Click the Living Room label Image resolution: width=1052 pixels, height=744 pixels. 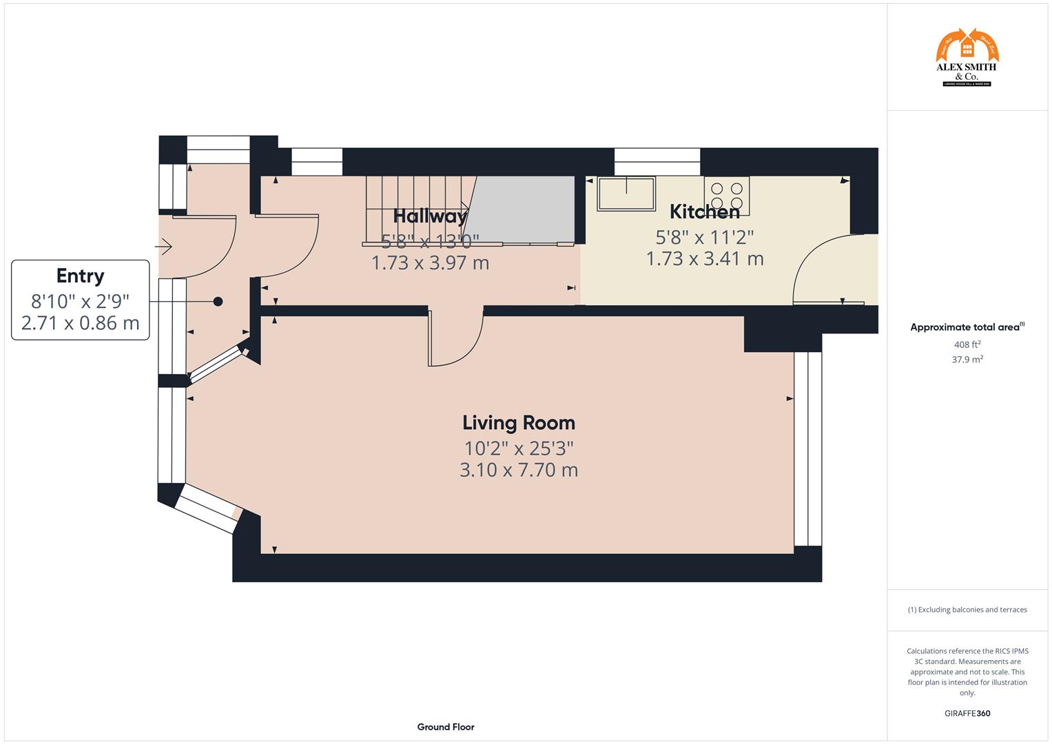pyautogui.click(x=518, y=422)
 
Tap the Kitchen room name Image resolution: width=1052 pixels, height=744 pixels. pyautogui.click(x=704, y=211)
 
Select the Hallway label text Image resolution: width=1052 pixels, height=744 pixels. pyautogui.click(x=430, y=216)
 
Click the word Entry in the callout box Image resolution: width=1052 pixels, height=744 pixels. pyautogui.click(x=80, y=276)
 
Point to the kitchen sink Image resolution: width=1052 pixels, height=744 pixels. pyautogui.click(x=626, y=194)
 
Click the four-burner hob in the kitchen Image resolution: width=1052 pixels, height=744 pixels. pyautogui.click(x=727, y=196)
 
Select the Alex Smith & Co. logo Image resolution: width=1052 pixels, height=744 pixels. pyautogui.click(x=967, y=58)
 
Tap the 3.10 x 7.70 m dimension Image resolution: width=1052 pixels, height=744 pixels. pyautogui.click(x=518, y=471)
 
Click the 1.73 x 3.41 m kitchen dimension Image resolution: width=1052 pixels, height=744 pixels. pyautogui.click(x=704, y=259)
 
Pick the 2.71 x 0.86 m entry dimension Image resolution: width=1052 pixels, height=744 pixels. pyautogui.click(x=80, y=322)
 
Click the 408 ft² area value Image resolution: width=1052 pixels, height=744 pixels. pyautogui.click(x=967, y=344)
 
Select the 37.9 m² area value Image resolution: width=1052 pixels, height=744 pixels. pyautogui.click(x=967, y=359)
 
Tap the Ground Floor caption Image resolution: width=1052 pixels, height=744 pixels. pyautogui.click(x=446, y=727)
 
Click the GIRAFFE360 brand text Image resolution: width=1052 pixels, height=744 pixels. pyautogui.click(x=967, y=713)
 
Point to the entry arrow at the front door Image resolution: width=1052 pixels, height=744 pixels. pyautogui.click(x=165, y=246)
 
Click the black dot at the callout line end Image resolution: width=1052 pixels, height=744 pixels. pyautogui.click(x=218, y=301)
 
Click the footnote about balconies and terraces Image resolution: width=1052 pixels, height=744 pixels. pyautogui.click(x=967, y=610)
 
